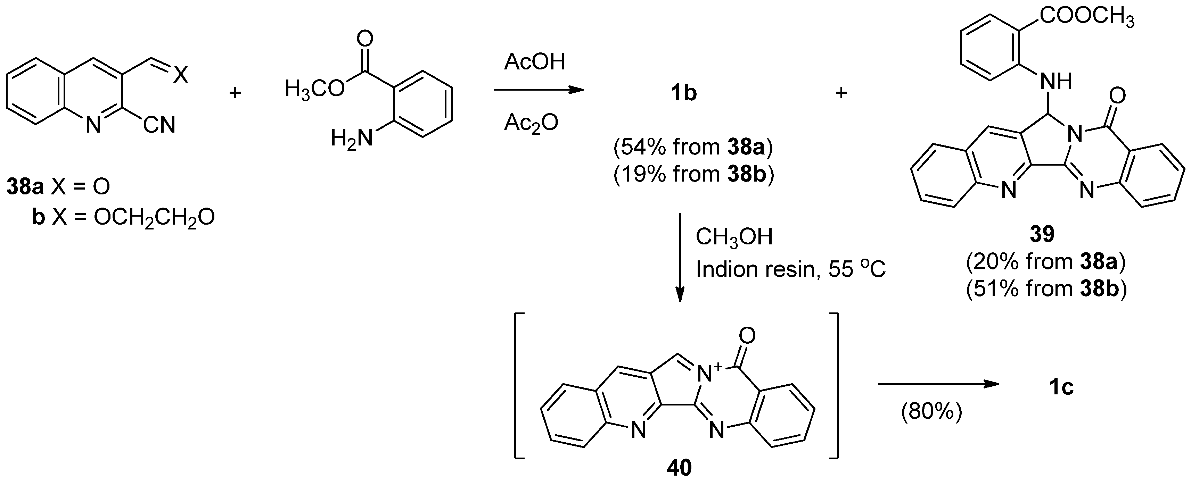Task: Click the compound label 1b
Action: click(x=684, y=94)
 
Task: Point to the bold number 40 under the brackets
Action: click(x=679, y=467)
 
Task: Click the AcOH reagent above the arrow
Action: click(x=534, y=62)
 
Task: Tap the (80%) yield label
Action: click(x=931, y=411)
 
